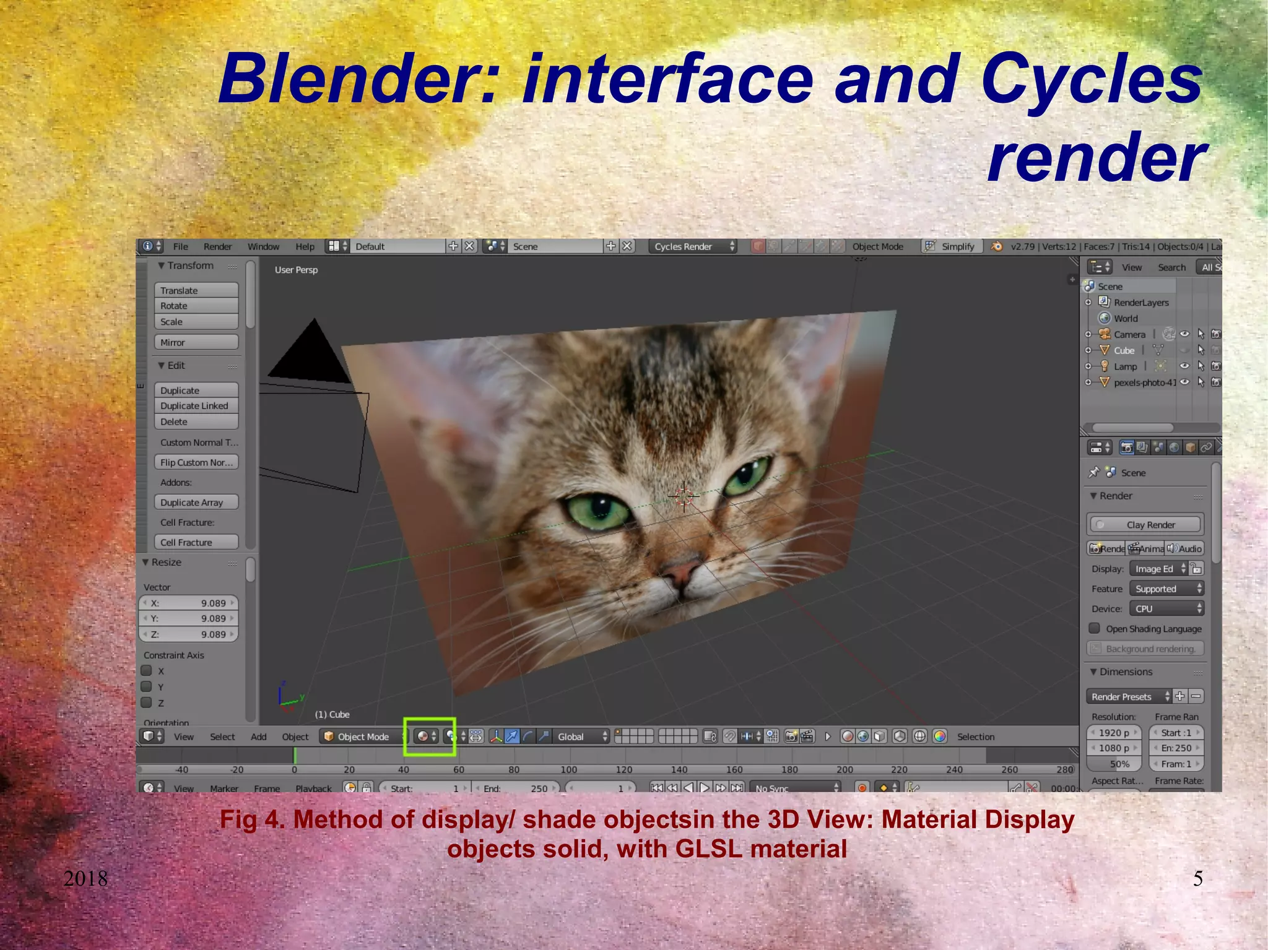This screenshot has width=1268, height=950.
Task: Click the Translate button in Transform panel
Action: click(196, 290)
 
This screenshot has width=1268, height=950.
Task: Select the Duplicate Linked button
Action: click(196, 406)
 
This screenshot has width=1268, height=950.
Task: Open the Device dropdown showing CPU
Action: click(1166, 609)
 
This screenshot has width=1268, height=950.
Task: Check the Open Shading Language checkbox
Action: click(1095, 629)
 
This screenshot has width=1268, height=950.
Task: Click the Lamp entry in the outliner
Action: click(1125, 366)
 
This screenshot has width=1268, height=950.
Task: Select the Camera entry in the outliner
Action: click(1129, 334)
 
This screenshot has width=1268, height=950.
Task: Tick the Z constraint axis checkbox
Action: click(147, 702)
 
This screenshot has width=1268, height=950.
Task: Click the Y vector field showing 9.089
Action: click(189, 618)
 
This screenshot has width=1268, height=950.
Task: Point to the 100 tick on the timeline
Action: click(568, 769)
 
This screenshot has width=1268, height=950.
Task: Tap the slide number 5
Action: click(1197, 878)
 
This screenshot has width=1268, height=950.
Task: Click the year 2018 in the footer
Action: click(85, 878)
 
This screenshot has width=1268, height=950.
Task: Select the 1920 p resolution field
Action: click(1113, 733)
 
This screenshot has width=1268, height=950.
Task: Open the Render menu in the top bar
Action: click(217, 246)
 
